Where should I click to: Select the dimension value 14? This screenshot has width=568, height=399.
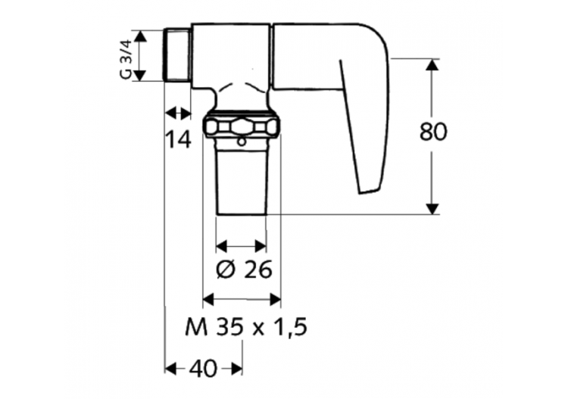pyautogui.click(x=179, y=139)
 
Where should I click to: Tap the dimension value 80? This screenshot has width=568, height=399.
pyautogui.click(x=433, y=132)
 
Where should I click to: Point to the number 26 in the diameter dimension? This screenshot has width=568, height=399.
pyautogui.click(x=255, y=270)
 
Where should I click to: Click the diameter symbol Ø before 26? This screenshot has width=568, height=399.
pyautogui.click(x=226, y=270)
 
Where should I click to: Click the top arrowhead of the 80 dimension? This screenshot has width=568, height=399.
pyautogui.click(x=432, y=65)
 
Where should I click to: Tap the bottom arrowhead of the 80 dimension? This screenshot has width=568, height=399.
pyautogui.click(x=432, y=207)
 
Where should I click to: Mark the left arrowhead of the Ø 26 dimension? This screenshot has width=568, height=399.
pyautogui.click(x=222, y=245)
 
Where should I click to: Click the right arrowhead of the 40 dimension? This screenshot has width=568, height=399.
pyautogui.click(x=237, y=368)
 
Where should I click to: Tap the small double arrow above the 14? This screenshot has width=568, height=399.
pyautogui.click(x=179, y=113)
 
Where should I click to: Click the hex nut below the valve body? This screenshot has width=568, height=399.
pyautogui.click(x=241, y=126)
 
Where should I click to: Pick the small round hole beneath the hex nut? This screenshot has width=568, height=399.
pyautogui.click(x=241, y=141)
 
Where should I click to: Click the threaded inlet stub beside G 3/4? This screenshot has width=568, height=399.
pyautogui.click(x=176, y=55)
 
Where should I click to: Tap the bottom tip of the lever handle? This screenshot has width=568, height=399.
pyautogui.click(x=368, y=189)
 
